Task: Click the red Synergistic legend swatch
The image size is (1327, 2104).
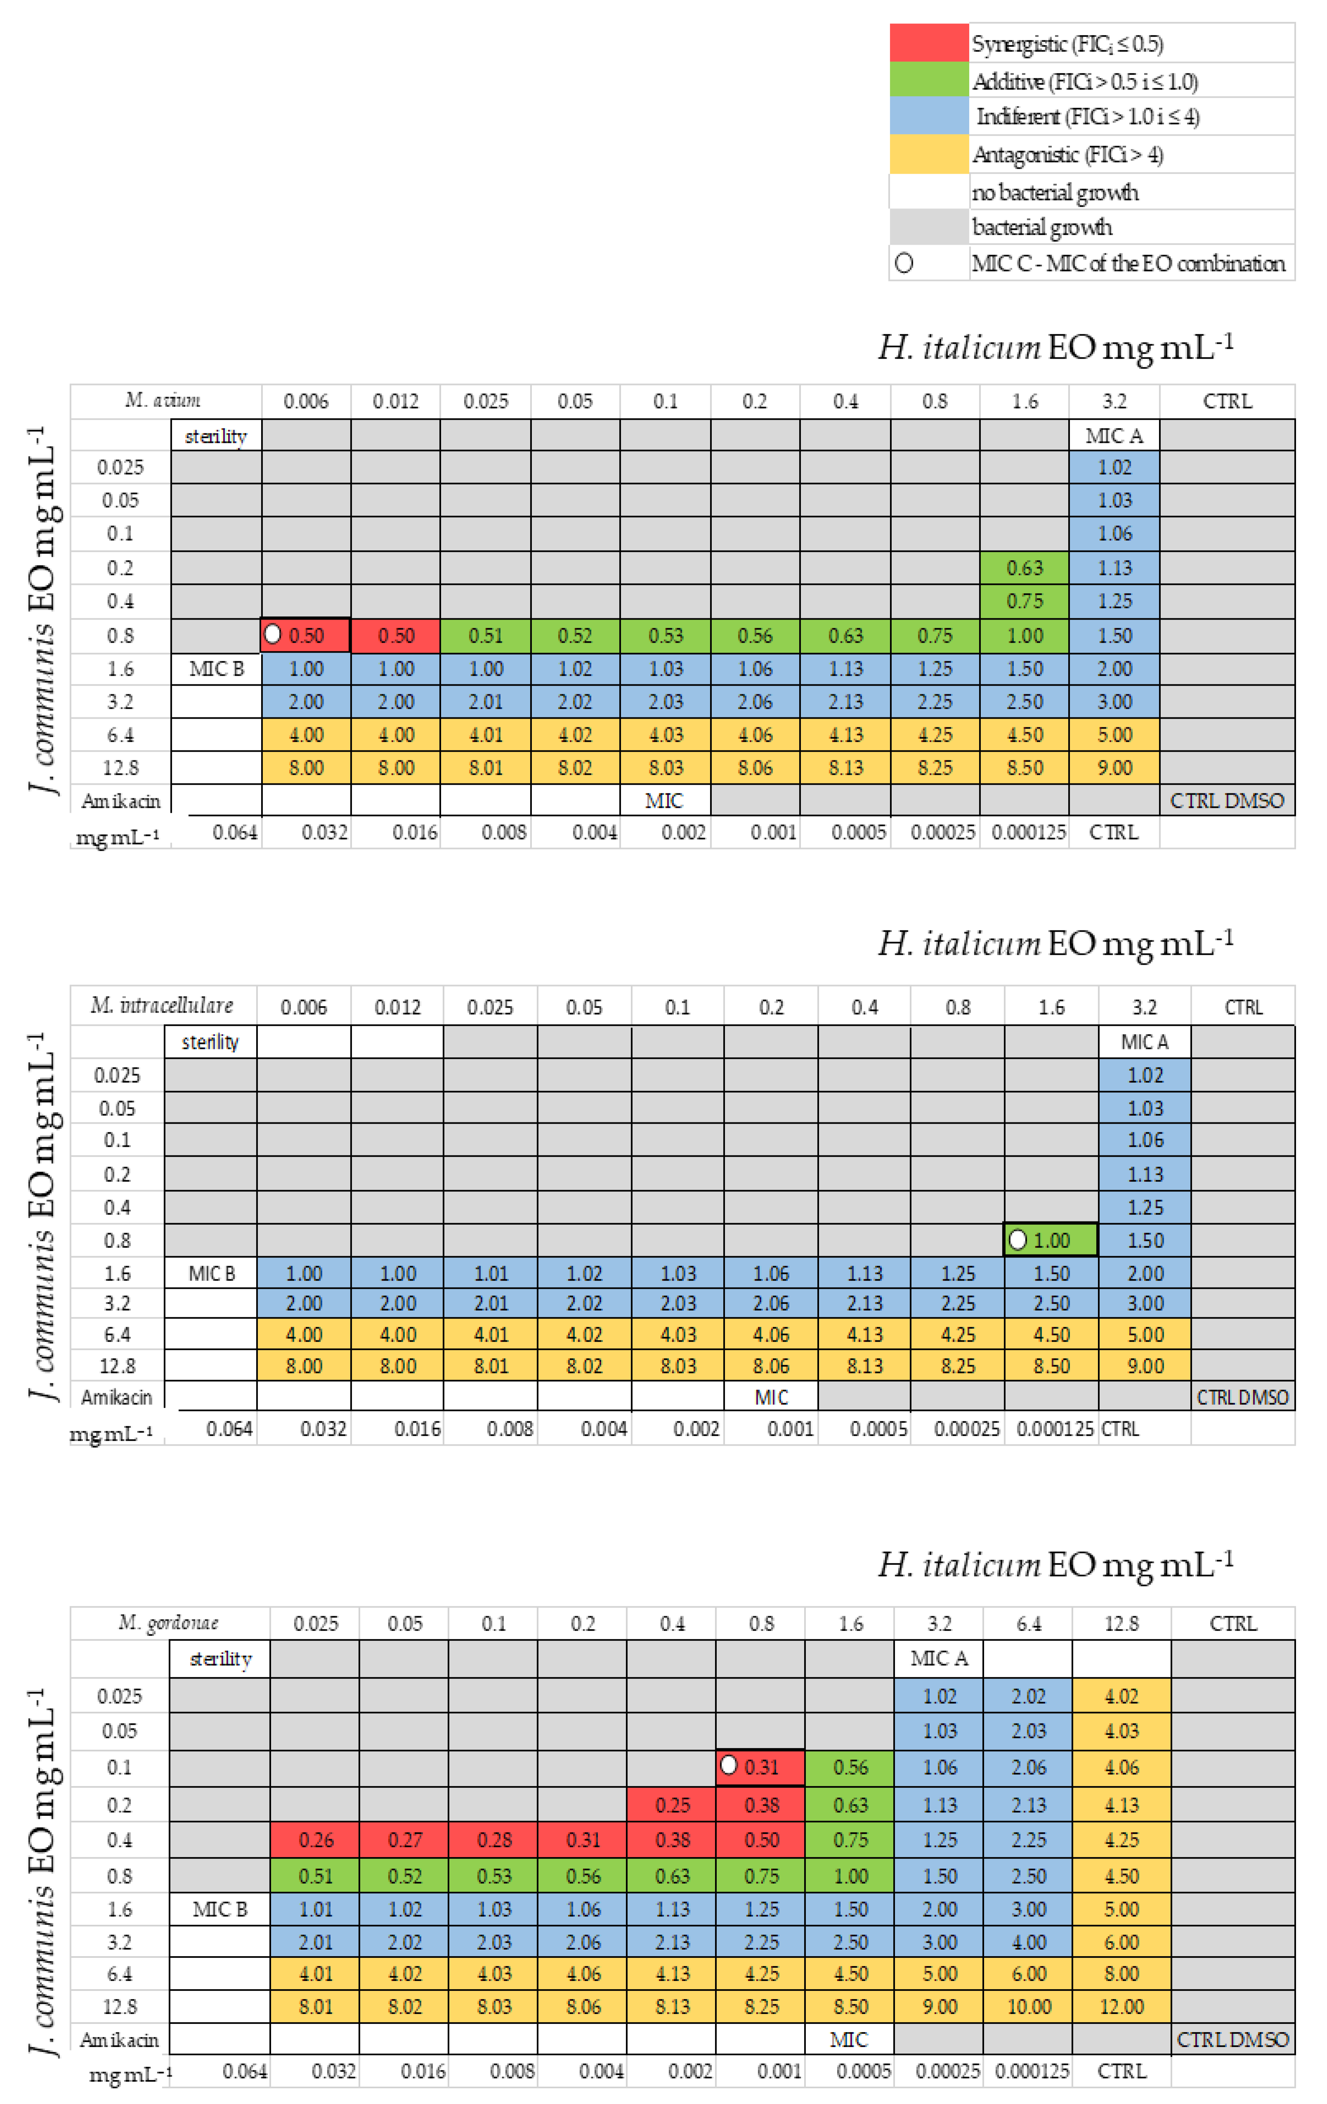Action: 929,43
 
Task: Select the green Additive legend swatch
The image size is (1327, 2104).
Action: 929,80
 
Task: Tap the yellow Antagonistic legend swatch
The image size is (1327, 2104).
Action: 929,154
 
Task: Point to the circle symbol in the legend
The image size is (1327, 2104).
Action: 904,263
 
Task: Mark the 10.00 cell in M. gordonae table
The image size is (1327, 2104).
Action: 1028,2006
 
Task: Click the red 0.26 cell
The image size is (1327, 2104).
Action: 315,1840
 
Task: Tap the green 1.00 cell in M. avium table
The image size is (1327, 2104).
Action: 1024,635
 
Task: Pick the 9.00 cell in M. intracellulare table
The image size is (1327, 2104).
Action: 1145,1366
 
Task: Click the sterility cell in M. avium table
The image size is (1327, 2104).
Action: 216,435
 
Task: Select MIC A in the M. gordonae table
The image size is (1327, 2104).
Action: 939,1658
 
